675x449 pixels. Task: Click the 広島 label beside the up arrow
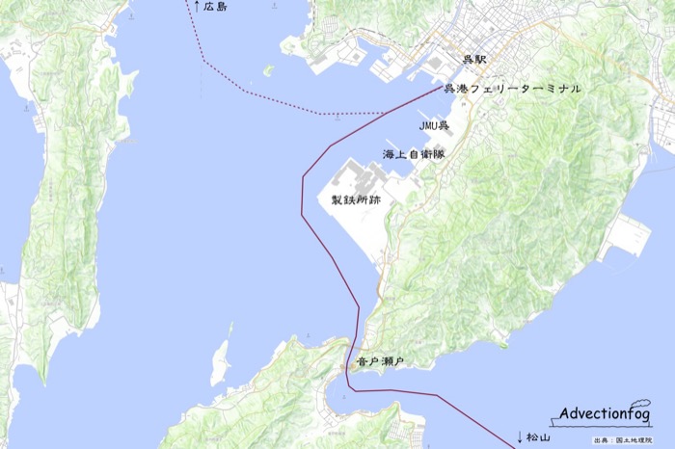click(x=216, y=8)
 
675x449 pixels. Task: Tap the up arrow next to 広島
click(x=197, y=7)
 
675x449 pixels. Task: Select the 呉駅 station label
click(x=474, y=61)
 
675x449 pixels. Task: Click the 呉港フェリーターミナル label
click(x=512, y=90)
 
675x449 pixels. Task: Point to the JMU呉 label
click(x=434, y=125)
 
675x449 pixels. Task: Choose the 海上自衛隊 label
click(x=413, y=154)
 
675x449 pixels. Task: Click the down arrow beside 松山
click(x=520, y=436)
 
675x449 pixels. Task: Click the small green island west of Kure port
click(x=269, y=70)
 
